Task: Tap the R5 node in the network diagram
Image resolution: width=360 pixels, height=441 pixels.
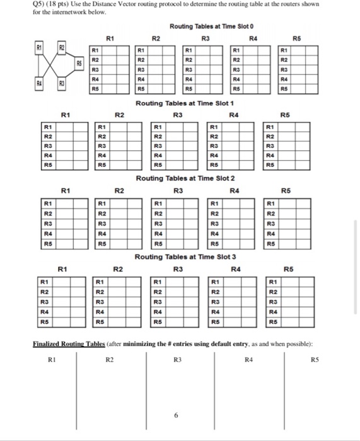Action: coord(79,64)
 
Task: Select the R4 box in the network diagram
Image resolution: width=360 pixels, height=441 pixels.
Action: coord(39,83)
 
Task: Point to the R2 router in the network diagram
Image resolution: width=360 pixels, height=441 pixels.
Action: coord(62,48)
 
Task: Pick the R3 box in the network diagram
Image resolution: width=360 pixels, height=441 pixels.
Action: coord(62,83)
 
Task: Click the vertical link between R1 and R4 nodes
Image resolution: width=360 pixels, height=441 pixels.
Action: coord(39,64)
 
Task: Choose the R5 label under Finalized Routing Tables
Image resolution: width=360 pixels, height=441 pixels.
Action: coord(315,360)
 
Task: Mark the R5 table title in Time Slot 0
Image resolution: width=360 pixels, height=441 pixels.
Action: coord(299,37)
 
